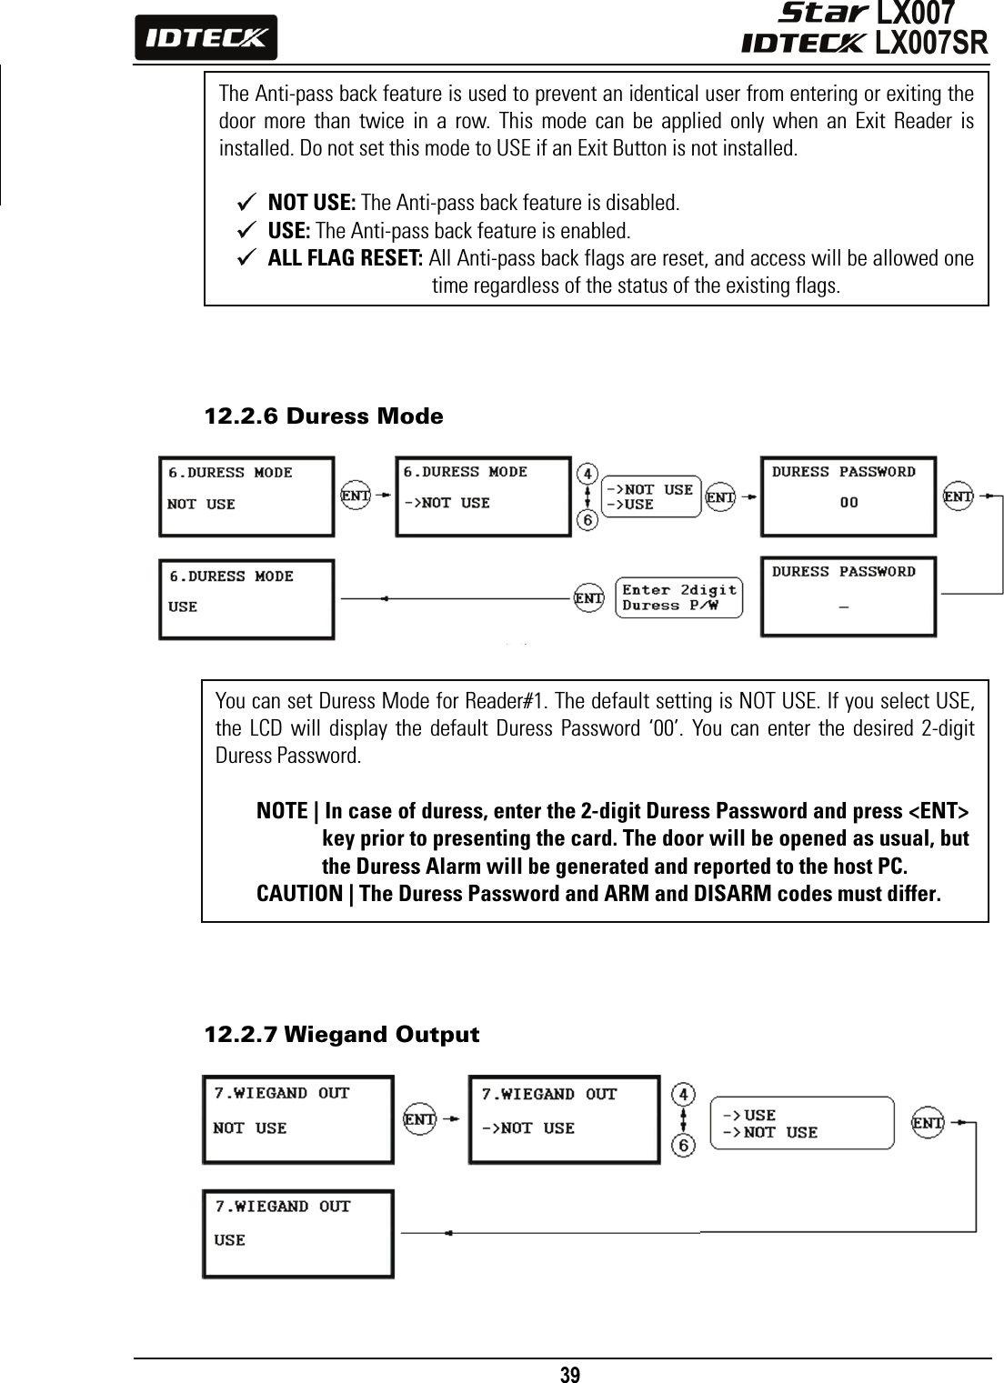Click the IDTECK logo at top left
coord(206,38)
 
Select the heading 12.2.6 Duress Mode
coord(324,416)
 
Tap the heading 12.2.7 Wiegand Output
coord(341,1035)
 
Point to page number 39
coord(569,1373)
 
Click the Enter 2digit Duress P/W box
coord(678,597)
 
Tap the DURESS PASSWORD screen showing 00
coord(848,496)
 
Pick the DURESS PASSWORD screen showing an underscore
coord(848,596)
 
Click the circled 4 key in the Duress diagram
coord(588,474)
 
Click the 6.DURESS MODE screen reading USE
coord(246,598)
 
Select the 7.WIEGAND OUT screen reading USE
coord(298,1233)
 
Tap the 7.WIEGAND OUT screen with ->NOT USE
coord(564,1119)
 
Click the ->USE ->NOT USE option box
coord(801,1124)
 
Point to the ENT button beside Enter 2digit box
coord(589,598)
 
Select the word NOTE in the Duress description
coord(282,810)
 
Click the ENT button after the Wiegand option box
coord(928,1123)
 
